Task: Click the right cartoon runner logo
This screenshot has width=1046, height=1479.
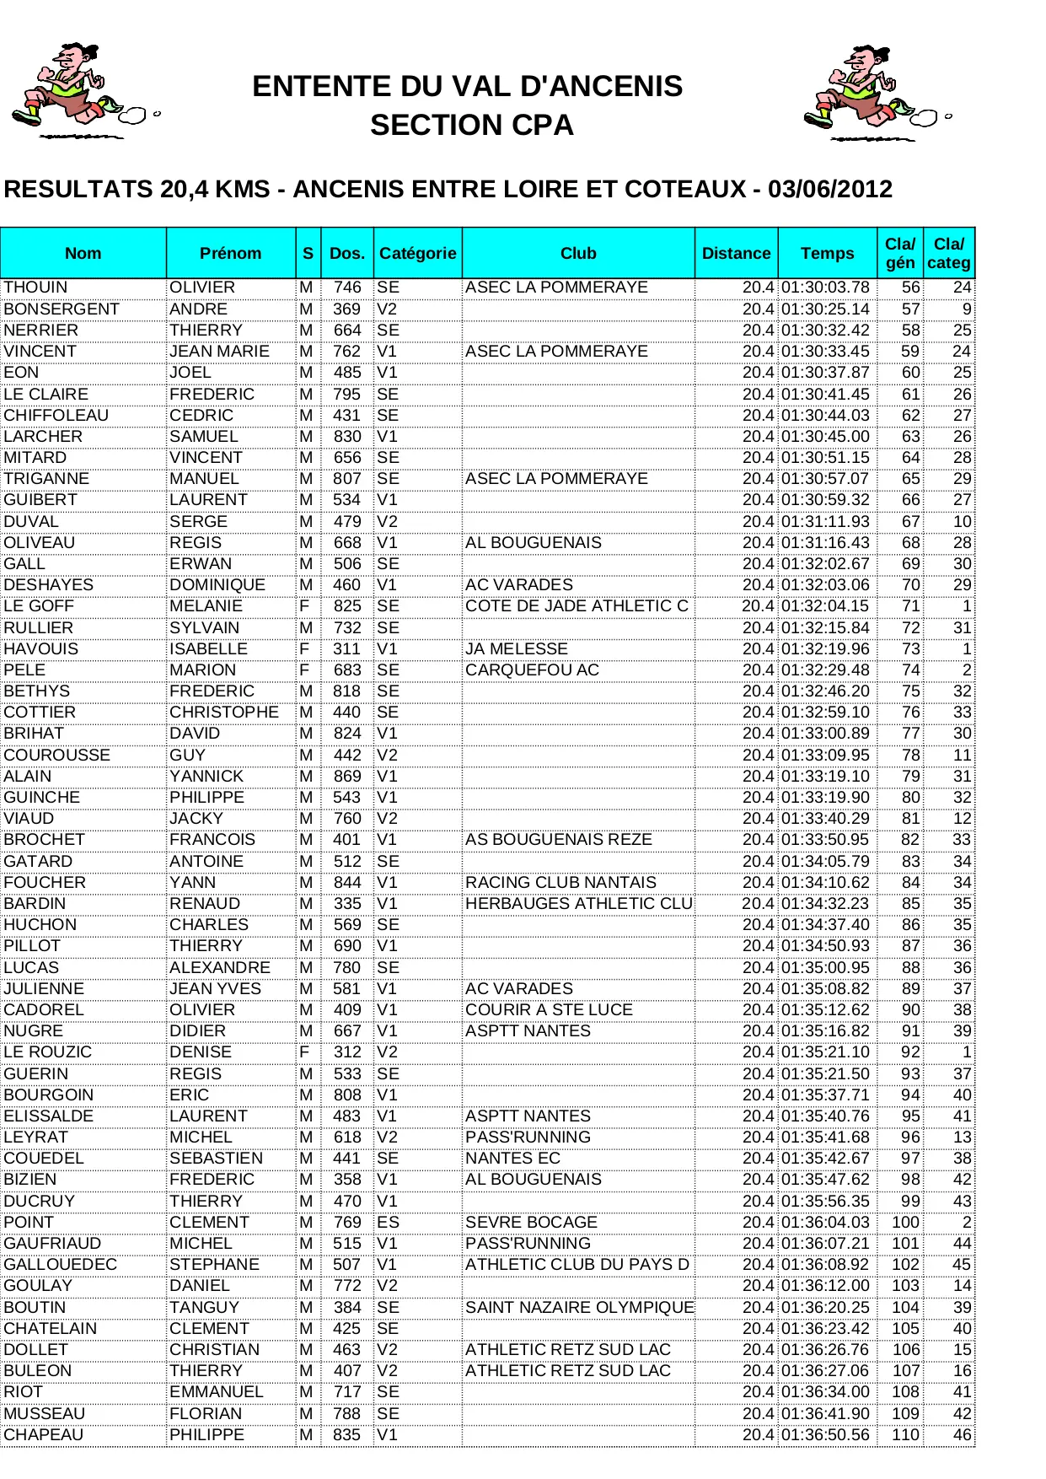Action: pyautogui.click(x=877, y=94)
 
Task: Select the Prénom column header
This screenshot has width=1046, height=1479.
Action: pyautogui.click(x=230, y=253)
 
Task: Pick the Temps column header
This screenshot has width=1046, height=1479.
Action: pyautogui.click(x=827, y=253)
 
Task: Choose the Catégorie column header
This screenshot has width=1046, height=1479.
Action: pyautogui.click(x=417, y=253)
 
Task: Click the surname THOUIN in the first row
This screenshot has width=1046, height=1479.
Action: pyautogui.click(x=35, y=288)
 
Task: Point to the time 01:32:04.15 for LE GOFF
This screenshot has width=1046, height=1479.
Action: pyautogui.click(x=824, y=606)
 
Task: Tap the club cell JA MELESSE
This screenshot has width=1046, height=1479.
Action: pyautogui.click(x=517, y=648)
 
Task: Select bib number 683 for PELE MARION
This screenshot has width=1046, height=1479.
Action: pyautogui.click(x=346, y=670)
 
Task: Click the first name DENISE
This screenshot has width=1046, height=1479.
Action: pyautogui.click(x=201, y=1051)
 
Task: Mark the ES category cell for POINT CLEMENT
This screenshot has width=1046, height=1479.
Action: pyautogui.click(x=388, y=1222)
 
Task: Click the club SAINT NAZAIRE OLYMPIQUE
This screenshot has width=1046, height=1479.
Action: pyautogui.click(x=579, y=1307)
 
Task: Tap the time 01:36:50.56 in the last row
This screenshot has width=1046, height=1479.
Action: pyautogui.click(x=824, y=1434)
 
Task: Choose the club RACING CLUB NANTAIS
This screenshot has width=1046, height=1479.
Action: pyautogui.click(x=561, y=882)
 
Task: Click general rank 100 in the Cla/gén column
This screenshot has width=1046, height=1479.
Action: pyautogui.click(x=905, y=1222)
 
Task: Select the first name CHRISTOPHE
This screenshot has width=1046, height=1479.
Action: pyautogui.click(x=223, y=712)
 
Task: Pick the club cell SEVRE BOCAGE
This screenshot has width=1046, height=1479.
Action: pyautogui.click(x=531, y=1222)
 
